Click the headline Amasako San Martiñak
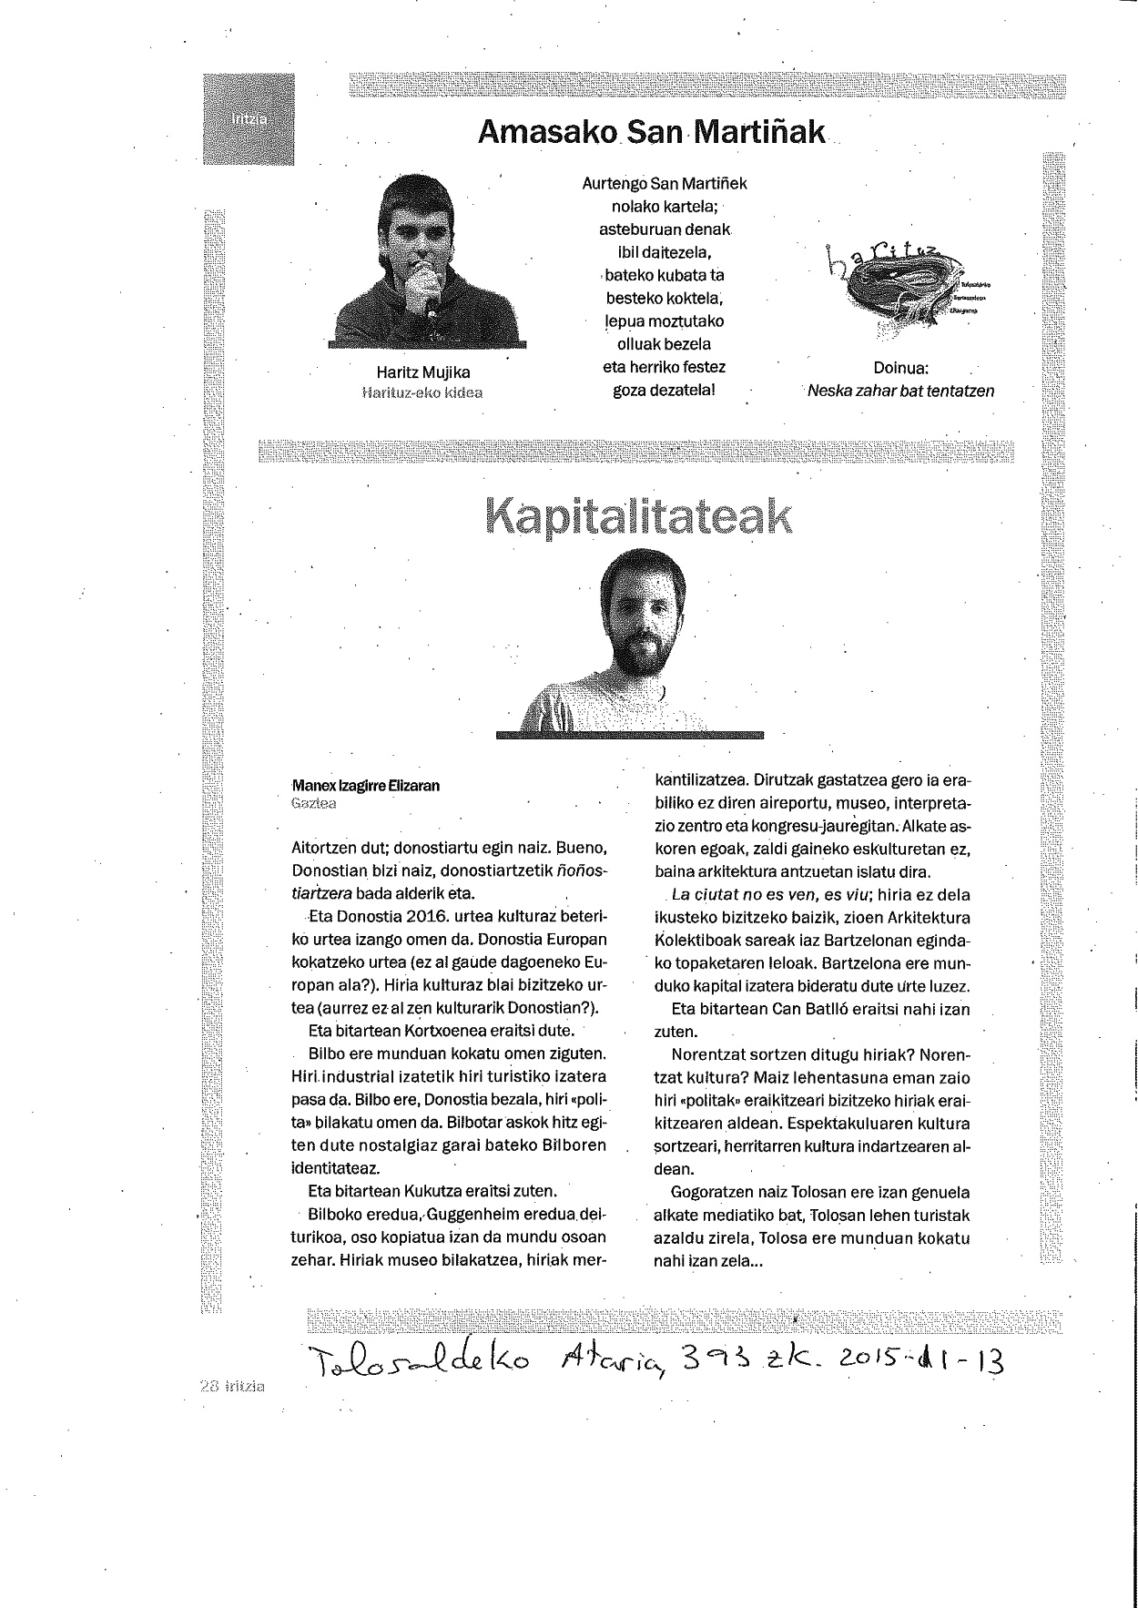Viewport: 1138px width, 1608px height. pyautogui.click(x=652, y=133)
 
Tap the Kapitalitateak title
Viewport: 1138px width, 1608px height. pyautogui.click(x=639, y=516)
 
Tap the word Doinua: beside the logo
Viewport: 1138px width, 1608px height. pyautogui.click(x=899, y=370)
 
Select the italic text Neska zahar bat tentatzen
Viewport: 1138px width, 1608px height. pyautogui.click(x=900, y=391)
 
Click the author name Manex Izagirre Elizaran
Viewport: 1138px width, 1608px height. pyautogui.click(x=365, y=786)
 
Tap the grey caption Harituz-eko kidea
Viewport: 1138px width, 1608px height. pyautogui.click(x=422, y=392)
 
